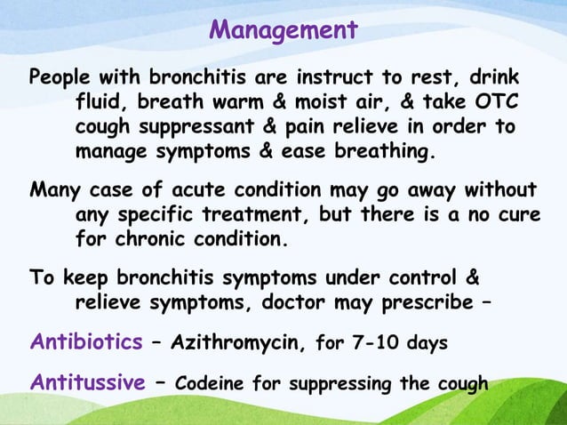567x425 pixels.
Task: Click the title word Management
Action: click(x=283, y=29)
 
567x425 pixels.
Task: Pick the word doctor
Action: click(x=316, y=301)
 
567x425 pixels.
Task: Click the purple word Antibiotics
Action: click(x=85, y=341)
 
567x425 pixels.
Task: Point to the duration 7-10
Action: click(x=372, y=342)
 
